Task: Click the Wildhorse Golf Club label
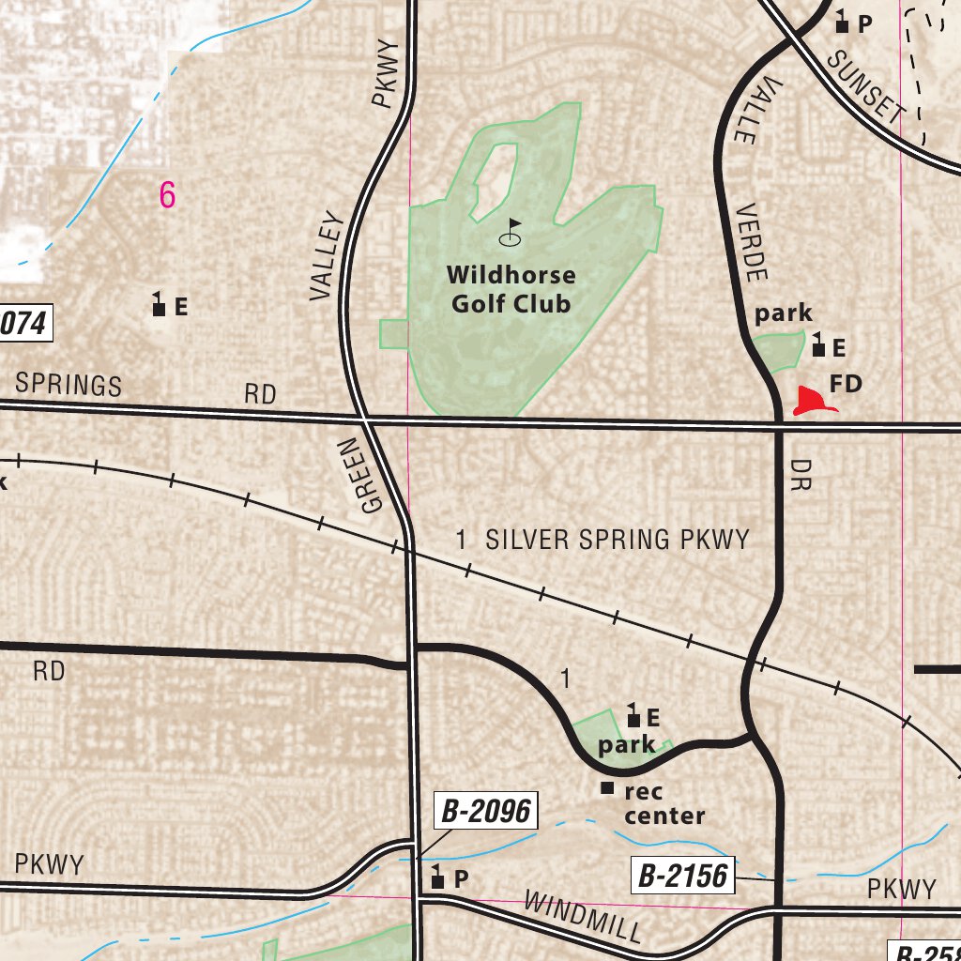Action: [511, 289]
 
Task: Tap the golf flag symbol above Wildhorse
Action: [511, 233]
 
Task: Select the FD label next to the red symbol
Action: [846, 383]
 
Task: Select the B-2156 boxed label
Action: [682, 877]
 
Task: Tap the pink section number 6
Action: [167, 195]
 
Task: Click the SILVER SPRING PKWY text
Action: [617, 540]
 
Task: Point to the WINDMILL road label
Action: [582, 918]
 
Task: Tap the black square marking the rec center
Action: [607, 787]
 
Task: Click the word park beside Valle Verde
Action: [783, 313]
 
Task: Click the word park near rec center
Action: [626, 746]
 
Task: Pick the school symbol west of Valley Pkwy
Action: [159, 305]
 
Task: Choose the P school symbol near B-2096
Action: [438, 878]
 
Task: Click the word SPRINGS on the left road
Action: [69, 384]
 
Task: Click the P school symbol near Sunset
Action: [842, 23]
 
